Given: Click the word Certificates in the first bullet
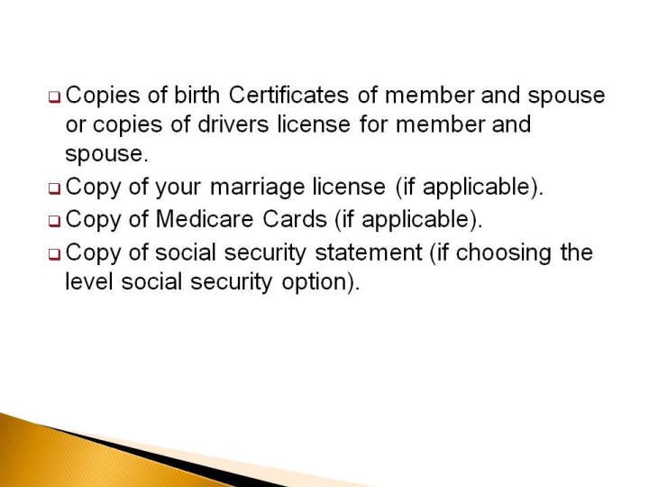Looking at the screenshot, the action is (x=288, y=95).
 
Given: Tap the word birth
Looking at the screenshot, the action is (x=197, y=95).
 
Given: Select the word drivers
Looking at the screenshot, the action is (x=233, y=124).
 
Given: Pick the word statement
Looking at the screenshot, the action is (x=369, y=253).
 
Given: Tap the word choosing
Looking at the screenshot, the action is (x=503, y=253).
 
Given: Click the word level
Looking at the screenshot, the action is (x=89, y=281).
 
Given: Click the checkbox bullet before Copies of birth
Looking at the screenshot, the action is (x=55, y=97).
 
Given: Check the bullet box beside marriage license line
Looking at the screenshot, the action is (x=55, y=189).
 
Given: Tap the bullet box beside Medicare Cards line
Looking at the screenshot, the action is (x=55, y=222).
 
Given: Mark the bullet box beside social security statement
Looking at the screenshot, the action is (x=55, y=254).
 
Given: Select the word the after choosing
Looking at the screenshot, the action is (x=577, y=253).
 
